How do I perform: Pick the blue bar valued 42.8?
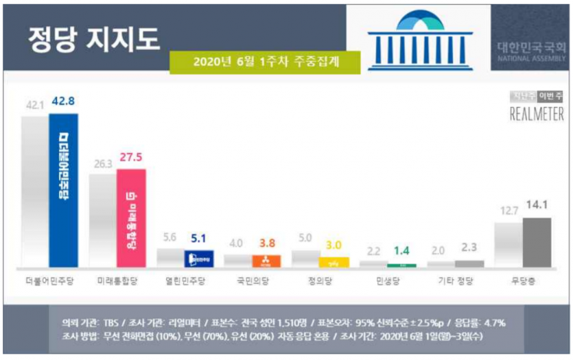pyautogui.click(x=64, y=189)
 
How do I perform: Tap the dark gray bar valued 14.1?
pyautogui.click(x=536, y=242)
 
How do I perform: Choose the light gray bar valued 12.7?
pyautogui.click(x=508, y=245)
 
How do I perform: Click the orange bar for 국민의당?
pyautogui.click(x=266, y=261)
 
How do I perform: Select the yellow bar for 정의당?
pyautogui.click(x=333, y=262)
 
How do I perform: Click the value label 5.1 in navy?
pyautogui.click(x=198, y=239)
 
